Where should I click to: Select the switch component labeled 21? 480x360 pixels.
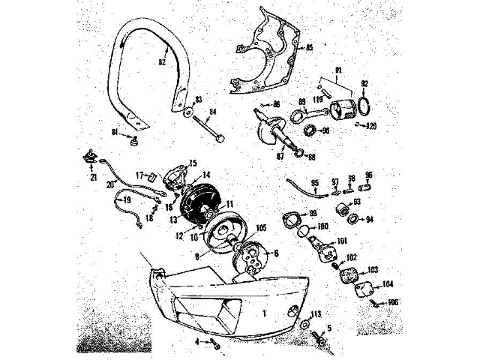tap(91, 160)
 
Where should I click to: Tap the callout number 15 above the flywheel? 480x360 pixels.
tap(192, 162)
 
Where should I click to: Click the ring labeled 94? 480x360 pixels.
tap(352, 220)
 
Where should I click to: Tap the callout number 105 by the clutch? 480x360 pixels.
tap(261, 228)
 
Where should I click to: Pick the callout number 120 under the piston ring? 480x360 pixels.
tap(369, 126)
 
